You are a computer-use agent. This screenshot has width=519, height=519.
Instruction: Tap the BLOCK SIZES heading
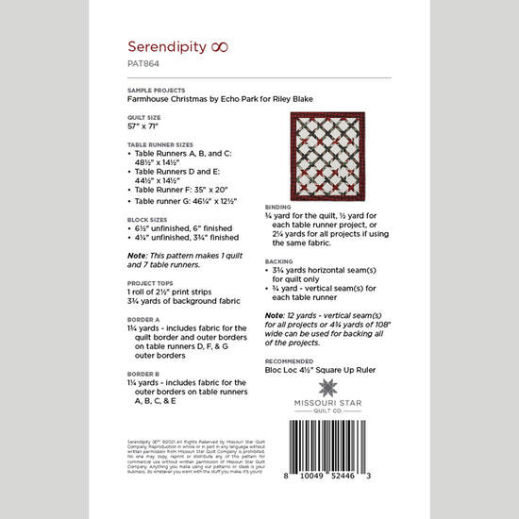(x=145, y=218)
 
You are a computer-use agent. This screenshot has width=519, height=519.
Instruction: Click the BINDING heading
(x=278, y=204)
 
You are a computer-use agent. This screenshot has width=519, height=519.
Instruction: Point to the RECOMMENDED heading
(x=289, y=360)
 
